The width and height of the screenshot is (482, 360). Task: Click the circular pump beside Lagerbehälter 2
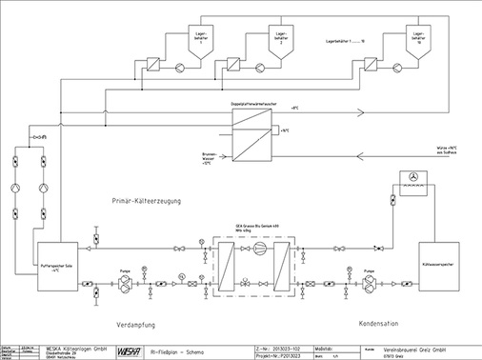point(256,68)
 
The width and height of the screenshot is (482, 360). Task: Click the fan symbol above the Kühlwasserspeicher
point(412,177)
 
